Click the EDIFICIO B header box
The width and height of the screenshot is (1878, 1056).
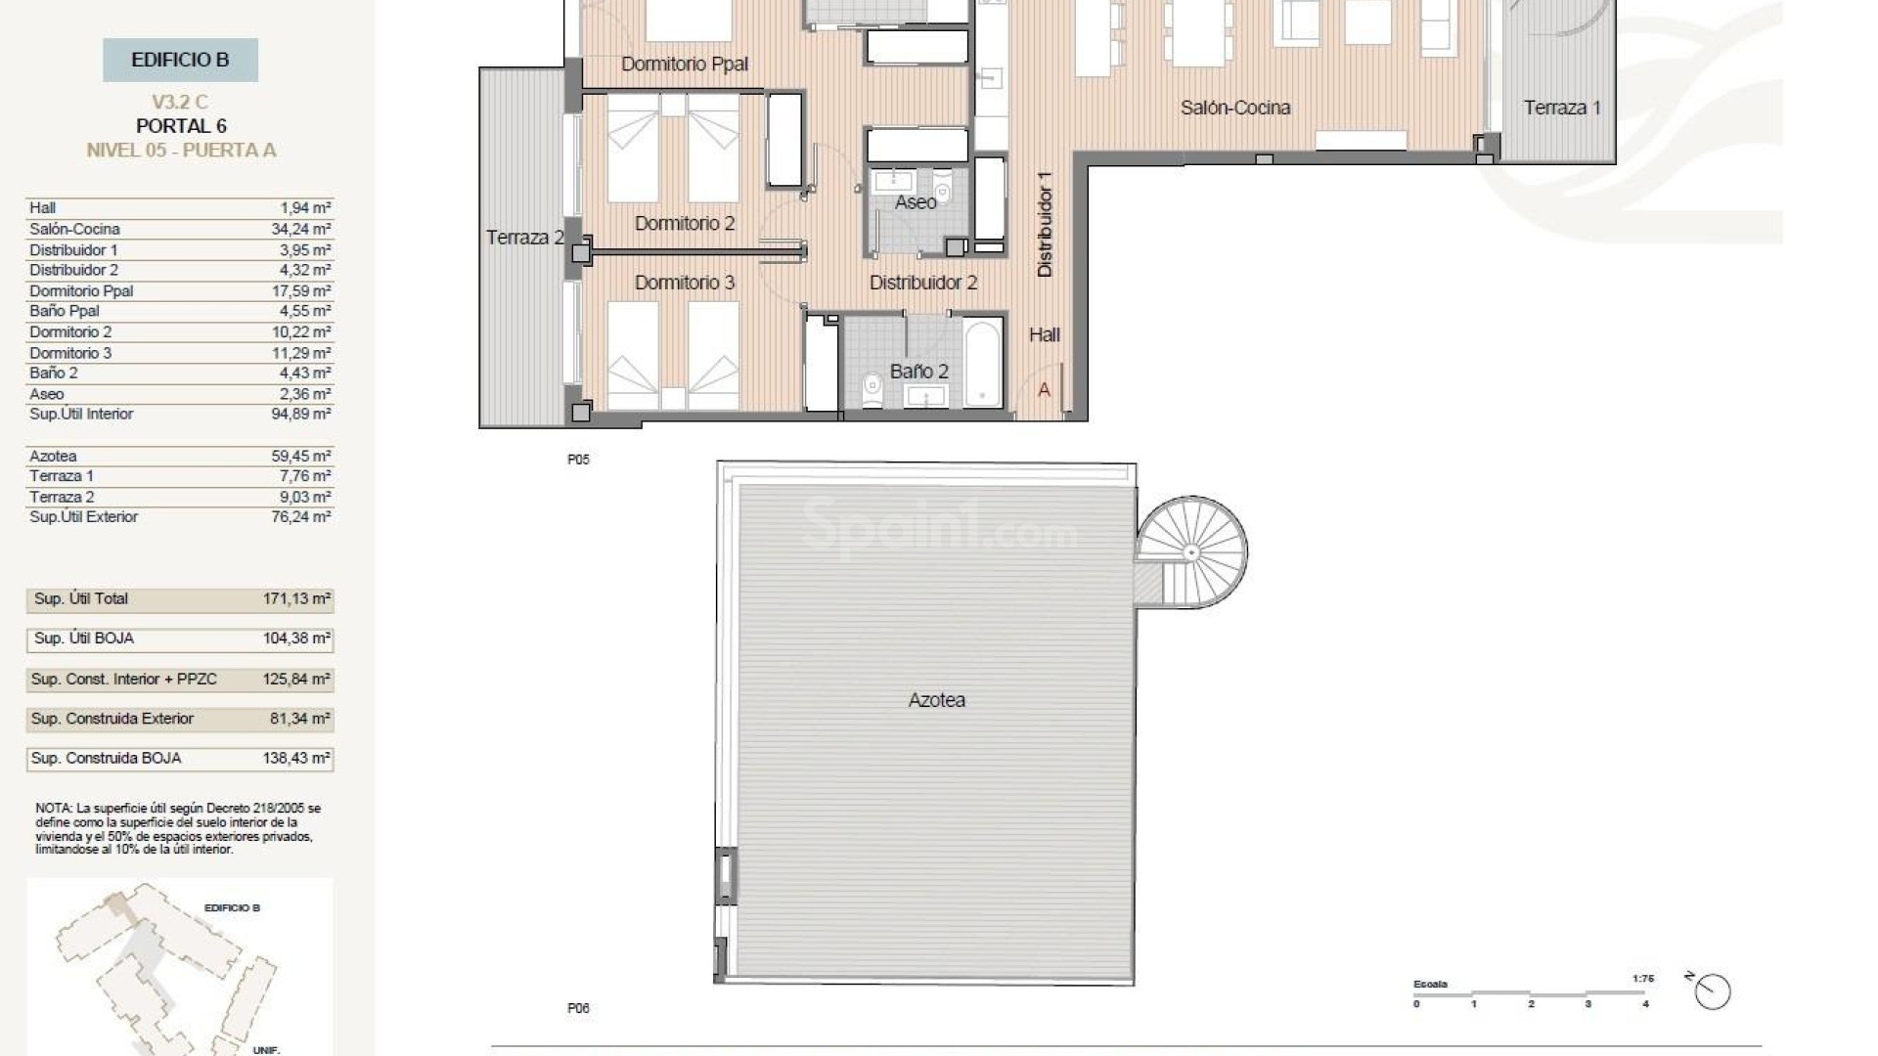tap(180, 60)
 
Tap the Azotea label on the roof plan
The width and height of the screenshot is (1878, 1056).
tap(936, 700)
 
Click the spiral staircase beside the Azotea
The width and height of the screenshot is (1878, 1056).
tap(1191, 552)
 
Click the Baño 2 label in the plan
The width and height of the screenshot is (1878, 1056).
tap(918, 372)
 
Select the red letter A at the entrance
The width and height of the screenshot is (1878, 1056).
tap(1044, 389)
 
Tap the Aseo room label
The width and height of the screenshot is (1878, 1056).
tap(916, 202)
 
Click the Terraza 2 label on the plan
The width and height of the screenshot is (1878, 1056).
tap(525, 238)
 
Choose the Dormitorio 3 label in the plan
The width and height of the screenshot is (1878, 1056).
tap(684, 283)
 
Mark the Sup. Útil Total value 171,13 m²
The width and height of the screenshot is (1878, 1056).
tap(296, 598)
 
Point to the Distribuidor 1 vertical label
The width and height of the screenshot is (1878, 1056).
tap(1045, 225)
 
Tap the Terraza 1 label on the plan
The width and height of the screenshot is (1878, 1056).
tap(1561, 108)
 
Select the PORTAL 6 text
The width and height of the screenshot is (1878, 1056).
tap(181, 126)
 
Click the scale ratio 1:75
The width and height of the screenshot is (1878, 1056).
tap(1642, 978)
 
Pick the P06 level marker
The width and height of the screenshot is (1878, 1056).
tap(578, 1008)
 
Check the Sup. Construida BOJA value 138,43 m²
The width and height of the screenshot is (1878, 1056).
tap(296, 758)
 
